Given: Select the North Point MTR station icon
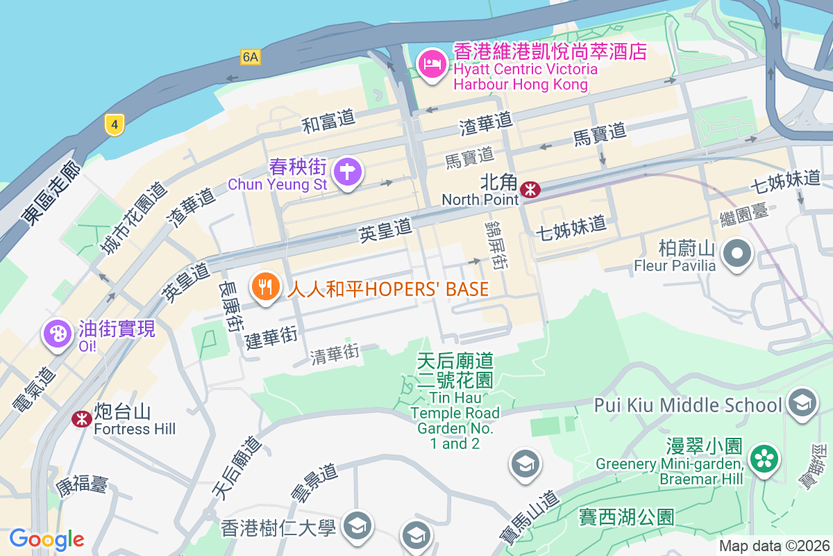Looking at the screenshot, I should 531,189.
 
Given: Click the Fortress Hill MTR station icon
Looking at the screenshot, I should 81,418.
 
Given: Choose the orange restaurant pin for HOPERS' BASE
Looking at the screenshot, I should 264,286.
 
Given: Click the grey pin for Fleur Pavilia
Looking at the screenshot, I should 737,254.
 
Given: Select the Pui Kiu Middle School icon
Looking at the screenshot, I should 802,404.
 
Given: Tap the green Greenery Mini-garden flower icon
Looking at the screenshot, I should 764,458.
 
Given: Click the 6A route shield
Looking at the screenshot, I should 251,57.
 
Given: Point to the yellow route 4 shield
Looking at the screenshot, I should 115,125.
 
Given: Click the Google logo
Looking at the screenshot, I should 47,539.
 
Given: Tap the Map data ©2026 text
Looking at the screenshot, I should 773,546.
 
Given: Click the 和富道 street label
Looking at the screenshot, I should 328,122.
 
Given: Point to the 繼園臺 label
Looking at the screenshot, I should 745,213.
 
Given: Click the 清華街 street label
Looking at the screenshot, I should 335,354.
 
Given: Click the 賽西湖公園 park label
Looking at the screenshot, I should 627,516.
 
